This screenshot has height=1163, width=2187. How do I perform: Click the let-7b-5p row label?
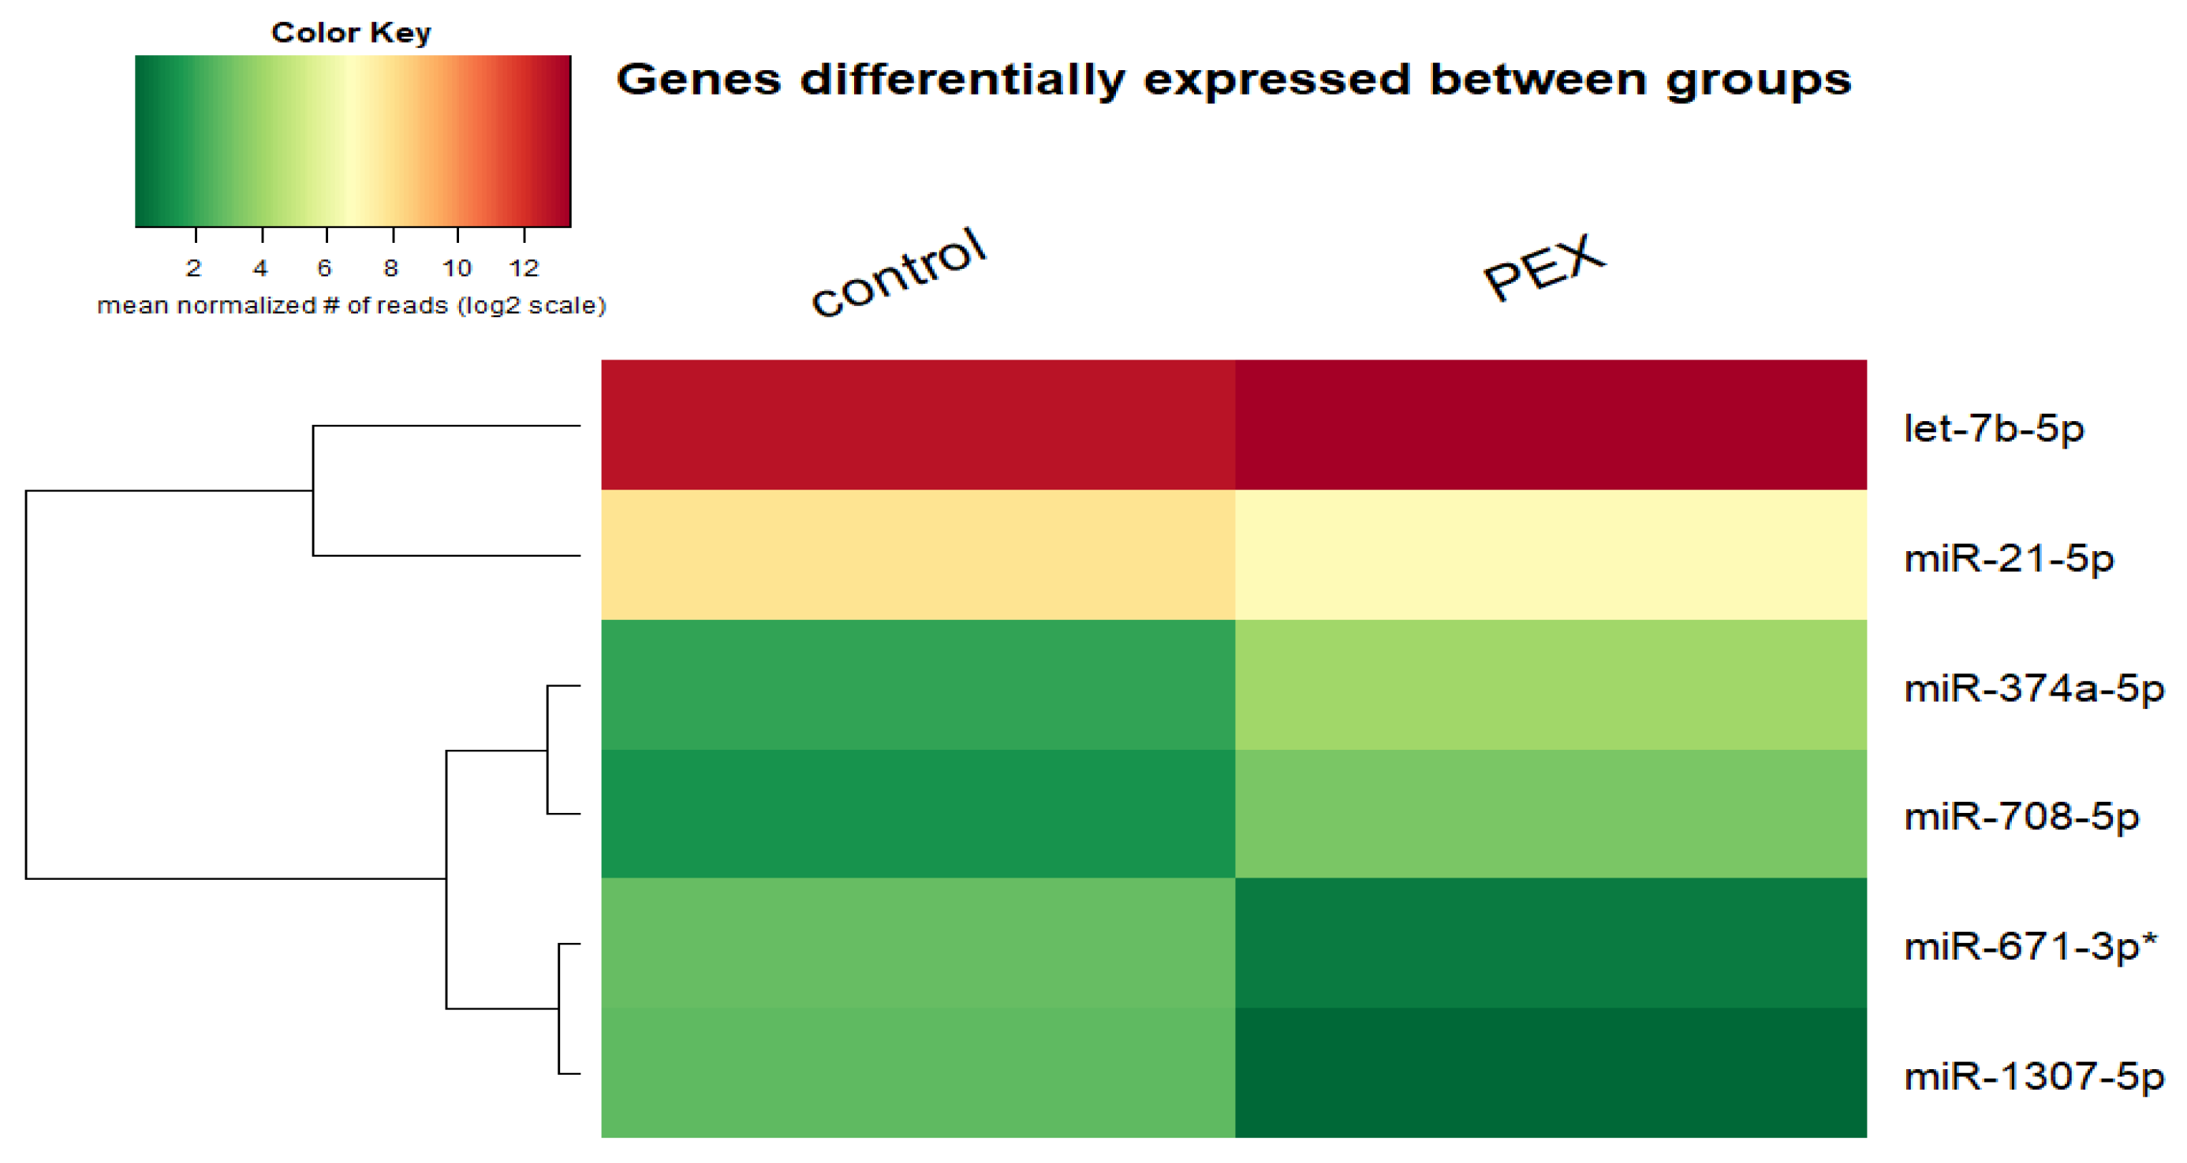point(1994,429)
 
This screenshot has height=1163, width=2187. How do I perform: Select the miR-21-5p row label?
point(2008,558)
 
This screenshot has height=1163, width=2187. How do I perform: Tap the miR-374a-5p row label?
point(2033,688)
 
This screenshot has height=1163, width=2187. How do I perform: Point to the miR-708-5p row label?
point(2021,817)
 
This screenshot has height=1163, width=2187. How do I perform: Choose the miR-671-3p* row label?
point(2030,946)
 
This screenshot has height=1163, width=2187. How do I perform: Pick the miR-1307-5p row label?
point(2033,1076)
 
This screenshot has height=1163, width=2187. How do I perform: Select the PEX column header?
point(1543,267)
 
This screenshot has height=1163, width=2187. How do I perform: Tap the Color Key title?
point(351,32)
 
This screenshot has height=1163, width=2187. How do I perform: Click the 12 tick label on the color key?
point(524,268)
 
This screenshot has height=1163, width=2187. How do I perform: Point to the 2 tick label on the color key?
point(193,268)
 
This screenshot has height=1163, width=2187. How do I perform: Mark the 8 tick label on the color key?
point(390,268)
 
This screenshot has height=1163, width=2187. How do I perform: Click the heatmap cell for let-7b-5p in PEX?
point(1551,424)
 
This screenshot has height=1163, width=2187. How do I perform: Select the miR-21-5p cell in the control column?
point(918,554)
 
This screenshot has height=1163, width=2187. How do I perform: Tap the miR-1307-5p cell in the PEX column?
point(1551,1072)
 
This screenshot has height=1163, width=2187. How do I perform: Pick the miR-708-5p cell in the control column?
point(918,813)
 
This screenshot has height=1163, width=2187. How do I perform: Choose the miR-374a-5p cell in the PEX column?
point(1551,684)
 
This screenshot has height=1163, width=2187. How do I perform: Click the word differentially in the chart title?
point(962,80)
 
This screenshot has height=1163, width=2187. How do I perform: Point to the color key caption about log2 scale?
point(352,306)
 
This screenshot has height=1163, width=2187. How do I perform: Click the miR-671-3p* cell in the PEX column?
point(1551,942)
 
